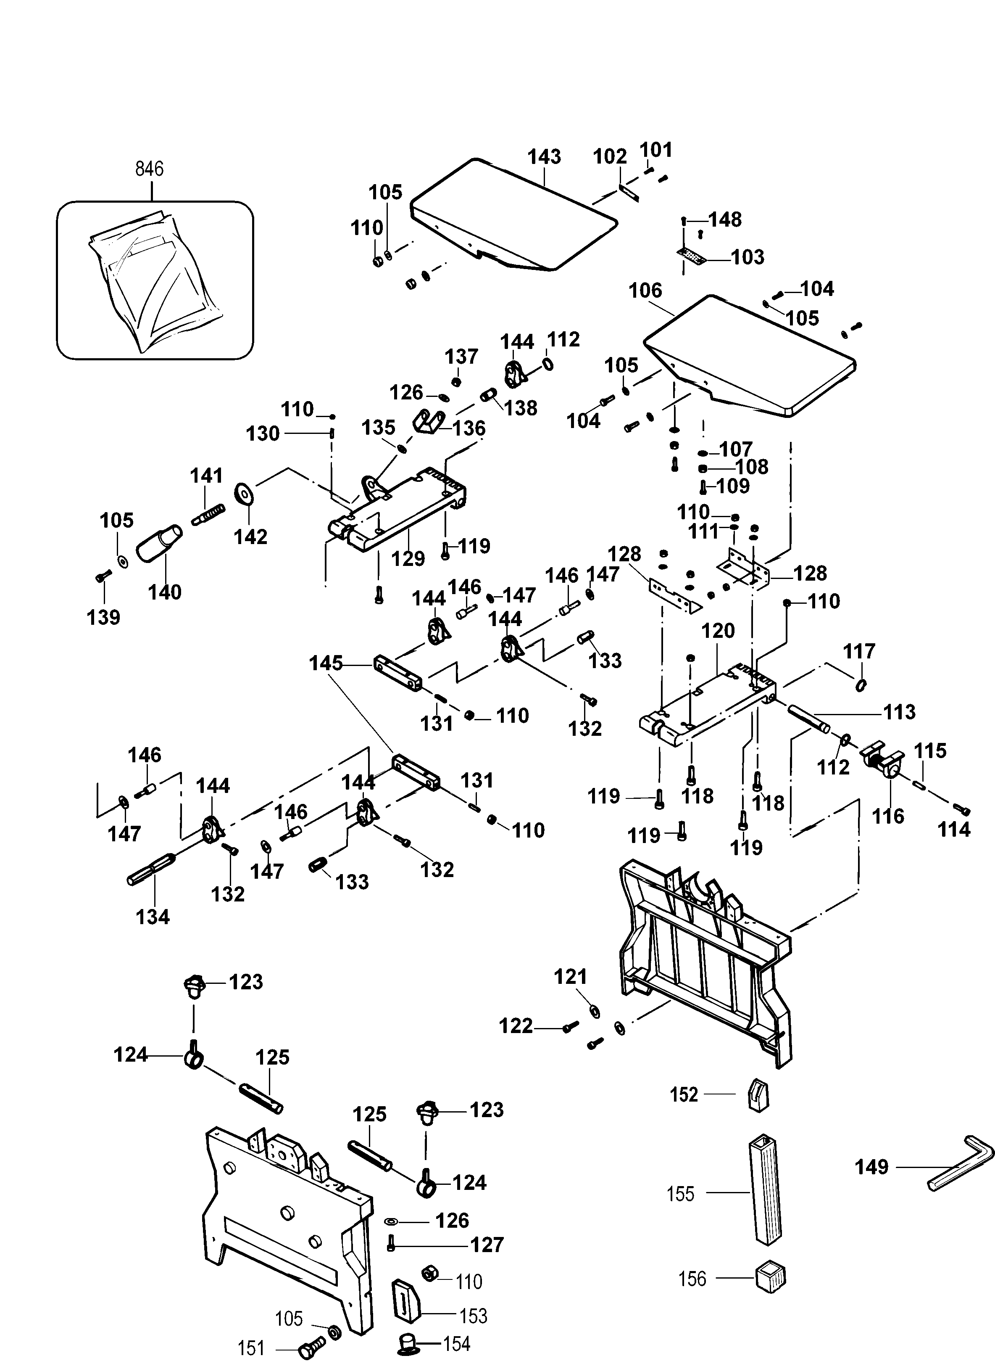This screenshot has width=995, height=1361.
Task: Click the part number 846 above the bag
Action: tap(149, 169)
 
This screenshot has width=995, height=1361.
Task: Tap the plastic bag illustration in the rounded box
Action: tap(154, 280)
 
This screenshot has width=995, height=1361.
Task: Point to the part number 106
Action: tap(645, 291)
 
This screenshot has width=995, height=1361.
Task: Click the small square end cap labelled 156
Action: tap(770, 1276)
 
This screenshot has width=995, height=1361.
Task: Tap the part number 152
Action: tap(684, 1094)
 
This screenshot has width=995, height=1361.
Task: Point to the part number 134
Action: tap(153, 917)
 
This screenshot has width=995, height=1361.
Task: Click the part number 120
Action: tap(718, 631)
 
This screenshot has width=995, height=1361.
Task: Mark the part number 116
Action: tap(888, 816)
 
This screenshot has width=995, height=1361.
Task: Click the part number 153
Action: tap(473, 1316)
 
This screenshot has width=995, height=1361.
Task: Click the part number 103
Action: tap(748, 257)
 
